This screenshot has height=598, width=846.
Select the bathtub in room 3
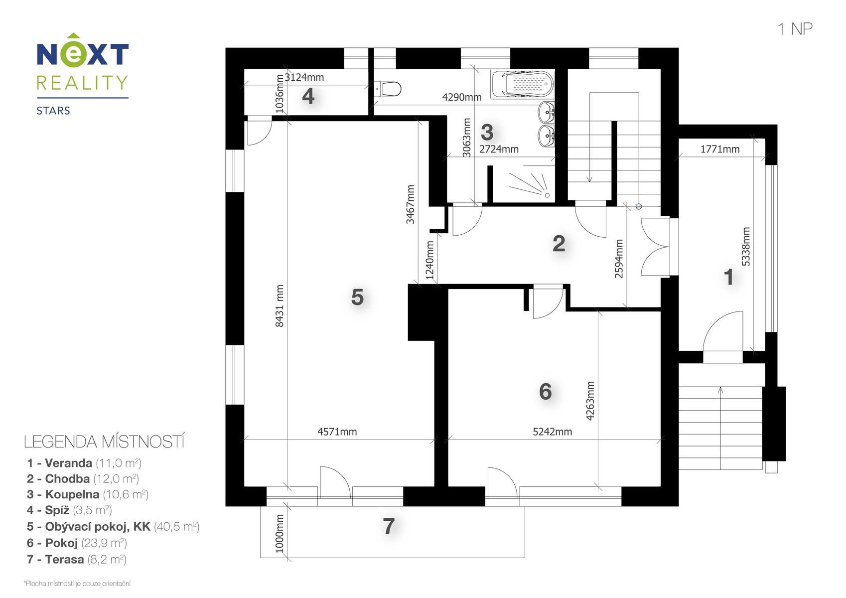[523, 84]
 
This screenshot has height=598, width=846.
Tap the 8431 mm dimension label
[279, 305]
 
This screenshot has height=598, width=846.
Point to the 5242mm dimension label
[552, 432]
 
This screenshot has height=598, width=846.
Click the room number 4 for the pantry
[308, 96]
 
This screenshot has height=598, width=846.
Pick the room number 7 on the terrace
[389, 526]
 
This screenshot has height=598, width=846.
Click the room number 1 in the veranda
[728, 277]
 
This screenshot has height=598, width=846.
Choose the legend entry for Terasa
[77, 559]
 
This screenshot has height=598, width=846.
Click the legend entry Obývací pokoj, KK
[113, 526]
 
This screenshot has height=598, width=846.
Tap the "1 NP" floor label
[795, 29]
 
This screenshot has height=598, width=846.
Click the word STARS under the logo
[53, 111]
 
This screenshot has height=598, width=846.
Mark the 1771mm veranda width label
[720, 149]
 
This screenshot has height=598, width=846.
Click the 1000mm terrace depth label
[279, 533]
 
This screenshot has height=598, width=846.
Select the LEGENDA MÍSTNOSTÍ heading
[104, 442]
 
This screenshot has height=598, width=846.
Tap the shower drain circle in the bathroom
[547, 195]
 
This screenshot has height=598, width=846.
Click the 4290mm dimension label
[462, 98]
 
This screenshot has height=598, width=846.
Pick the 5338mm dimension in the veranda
[746, 246]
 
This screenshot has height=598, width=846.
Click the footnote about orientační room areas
[77, 583]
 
